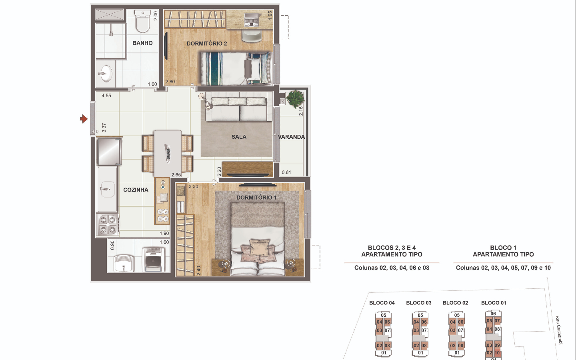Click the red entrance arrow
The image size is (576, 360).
(x=84, y=119)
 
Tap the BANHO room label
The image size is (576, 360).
(x=142, y=43)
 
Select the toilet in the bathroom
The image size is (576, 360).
(x=142, y=21)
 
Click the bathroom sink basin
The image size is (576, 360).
(x=106, y=74)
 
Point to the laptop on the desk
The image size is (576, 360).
(x=251, y=20)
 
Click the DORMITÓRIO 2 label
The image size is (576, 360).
(x=207, y=44)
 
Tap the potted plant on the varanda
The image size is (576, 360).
(x=295, y=98)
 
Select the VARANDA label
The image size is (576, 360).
(x=291, y=137)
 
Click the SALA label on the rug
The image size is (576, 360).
(x=239, y=137)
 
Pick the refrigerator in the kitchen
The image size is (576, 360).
(x=109, y=152)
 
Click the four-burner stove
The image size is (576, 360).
(x=108, y=224)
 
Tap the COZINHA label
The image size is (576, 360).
(x=136, y=190)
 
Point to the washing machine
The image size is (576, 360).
(x=154, y=260)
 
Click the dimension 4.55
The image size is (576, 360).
(x=106, y=96)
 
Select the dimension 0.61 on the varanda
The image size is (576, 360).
(x=286, y=172)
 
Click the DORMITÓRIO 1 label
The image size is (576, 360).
(x=256, y=198)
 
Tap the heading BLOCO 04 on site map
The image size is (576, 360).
(x=382, y=303)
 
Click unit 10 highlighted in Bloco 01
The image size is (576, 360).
(x=497, y=353)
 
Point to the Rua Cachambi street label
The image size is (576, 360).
(x=559, y=330)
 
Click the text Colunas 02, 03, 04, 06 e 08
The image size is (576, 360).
(x=392, y=268)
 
